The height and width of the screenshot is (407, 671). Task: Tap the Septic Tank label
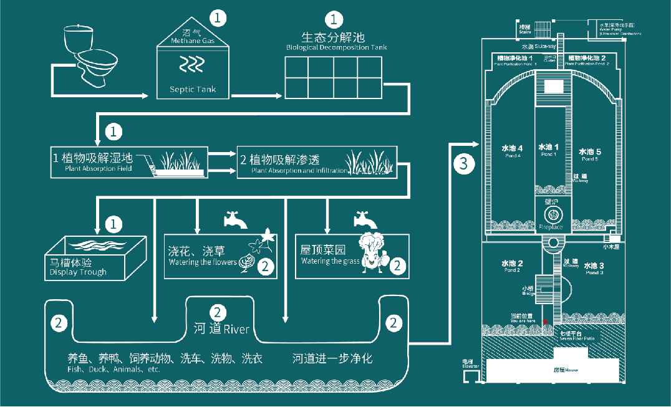coord(193,89)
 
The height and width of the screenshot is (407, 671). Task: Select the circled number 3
coord(463,164)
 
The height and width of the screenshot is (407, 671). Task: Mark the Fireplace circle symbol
coord(553,214)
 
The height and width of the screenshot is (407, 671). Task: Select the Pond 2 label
coord(512,266)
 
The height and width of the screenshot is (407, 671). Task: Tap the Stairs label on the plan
coord(524,29)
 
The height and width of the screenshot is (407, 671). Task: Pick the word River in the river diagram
coord(236,328)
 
